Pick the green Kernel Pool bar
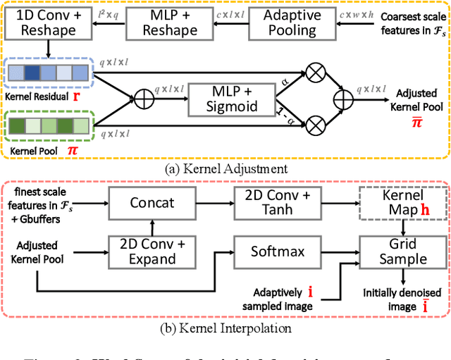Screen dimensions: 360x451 [47, 127]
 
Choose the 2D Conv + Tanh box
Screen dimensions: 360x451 [273, 203]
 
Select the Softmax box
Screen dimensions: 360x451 [273, 251]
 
